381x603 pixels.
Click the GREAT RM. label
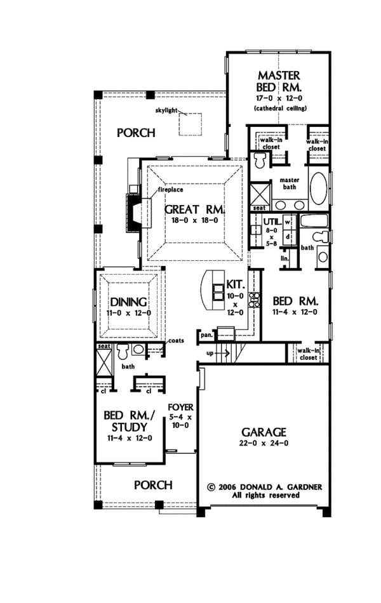(194, 209)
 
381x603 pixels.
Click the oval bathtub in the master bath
(319, 189)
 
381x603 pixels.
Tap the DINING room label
(129, 302)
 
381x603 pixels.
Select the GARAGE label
(263, 431)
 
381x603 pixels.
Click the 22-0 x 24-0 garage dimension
(263, 443)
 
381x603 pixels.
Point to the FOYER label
(180, 407)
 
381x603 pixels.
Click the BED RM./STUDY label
(128, 421)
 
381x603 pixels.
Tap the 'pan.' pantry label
(206, 333)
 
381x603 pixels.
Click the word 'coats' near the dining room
(175, 341)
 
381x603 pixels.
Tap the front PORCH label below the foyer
(153, 486)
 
